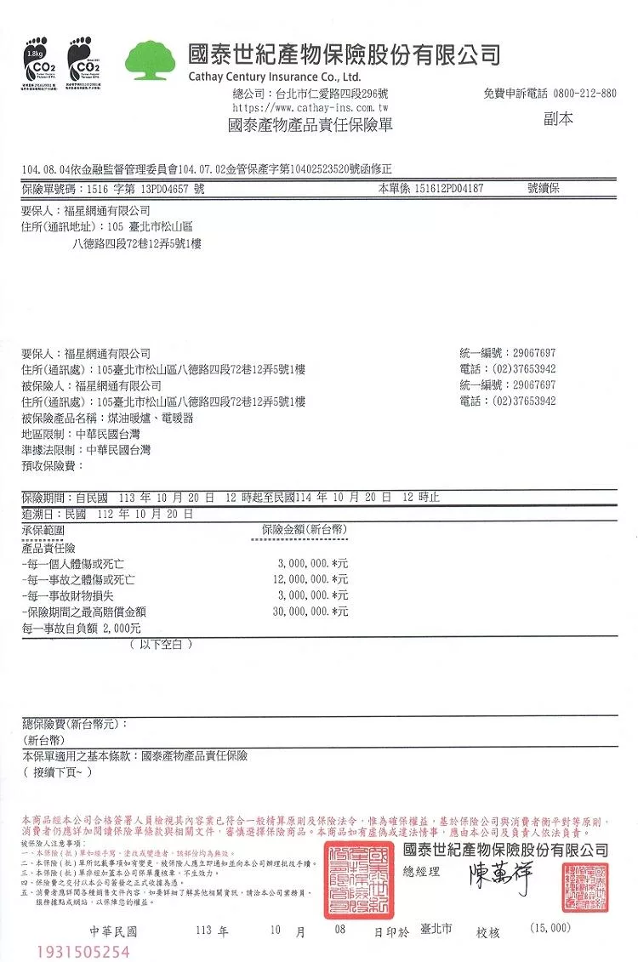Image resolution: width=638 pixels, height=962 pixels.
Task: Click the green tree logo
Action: [x=153, y=60]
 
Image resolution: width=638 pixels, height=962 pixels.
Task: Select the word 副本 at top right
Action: [x=558, y=119]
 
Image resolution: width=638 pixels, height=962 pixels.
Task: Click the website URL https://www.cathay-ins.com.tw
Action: [x=310, y=108]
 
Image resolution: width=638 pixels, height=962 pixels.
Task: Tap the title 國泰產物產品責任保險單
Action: [x=310, y=126]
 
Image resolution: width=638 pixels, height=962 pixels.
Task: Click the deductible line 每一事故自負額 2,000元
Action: [x=81, y=628]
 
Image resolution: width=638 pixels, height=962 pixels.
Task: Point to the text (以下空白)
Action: [x=161, y=644]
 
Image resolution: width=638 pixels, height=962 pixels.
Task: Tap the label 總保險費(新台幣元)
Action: [x=74, y=724]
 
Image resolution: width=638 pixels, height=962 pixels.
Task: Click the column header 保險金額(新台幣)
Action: [x=305, y=529]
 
